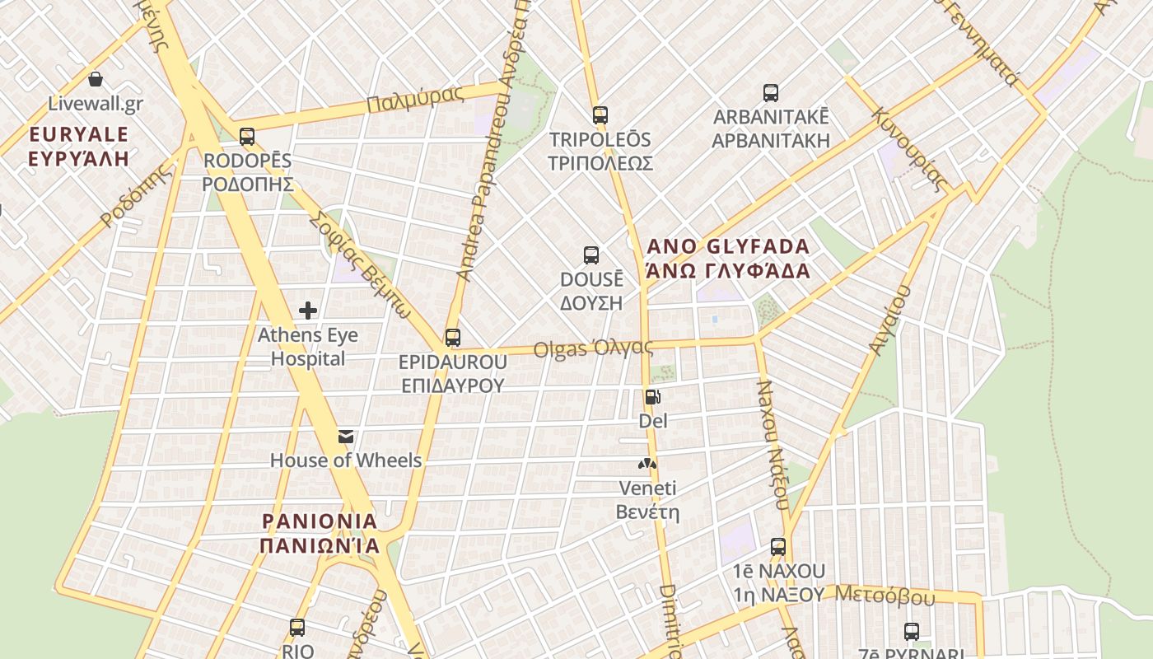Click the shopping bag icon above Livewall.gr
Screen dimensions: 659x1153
pyautogui.click(x=96, y=79)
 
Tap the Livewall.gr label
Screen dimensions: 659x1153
pyautogui.click(x=96, y=104)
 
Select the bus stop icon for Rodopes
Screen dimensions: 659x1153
pyautogui.click(x=247, y=137)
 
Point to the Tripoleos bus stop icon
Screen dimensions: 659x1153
pyautogui.click(x=600, y=115)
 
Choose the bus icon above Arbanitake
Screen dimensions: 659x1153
pyautogui.click(x=771, y=93)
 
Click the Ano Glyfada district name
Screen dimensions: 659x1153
pyautogui.click(x=728, y=258)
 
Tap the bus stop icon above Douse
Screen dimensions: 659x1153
pyautogui.click(x=591, y=255)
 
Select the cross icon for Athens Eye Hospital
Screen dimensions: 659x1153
pyautogui.click(x=308, y=311)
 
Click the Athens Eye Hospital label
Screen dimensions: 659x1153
pyautogui.click(x=308, y=347)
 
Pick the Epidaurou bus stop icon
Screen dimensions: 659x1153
pyautogui.click(x=453, y=338)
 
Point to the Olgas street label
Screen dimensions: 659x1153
pyautogui.click(x=593, y=348)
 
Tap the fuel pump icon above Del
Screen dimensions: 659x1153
pyautogui.click(x=652, y=397)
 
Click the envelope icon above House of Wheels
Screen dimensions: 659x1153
pyautogui.click(x=347, y=437)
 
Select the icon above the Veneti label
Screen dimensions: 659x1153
pyautogui.click(x=648, y=464)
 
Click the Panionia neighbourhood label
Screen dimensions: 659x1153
pyautogui.click(x=320, y=533)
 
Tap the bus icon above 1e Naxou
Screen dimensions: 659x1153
pyautogui.click(x=778, y=546)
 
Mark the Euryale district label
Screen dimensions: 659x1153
pyautogui.click(x=79, y=146)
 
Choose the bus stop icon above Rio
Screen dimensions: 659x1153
pyautogui.click(x=297, y=628)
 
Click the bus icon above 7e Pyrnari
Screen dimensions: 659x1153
pyautogui.click(x=912, y=632)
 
